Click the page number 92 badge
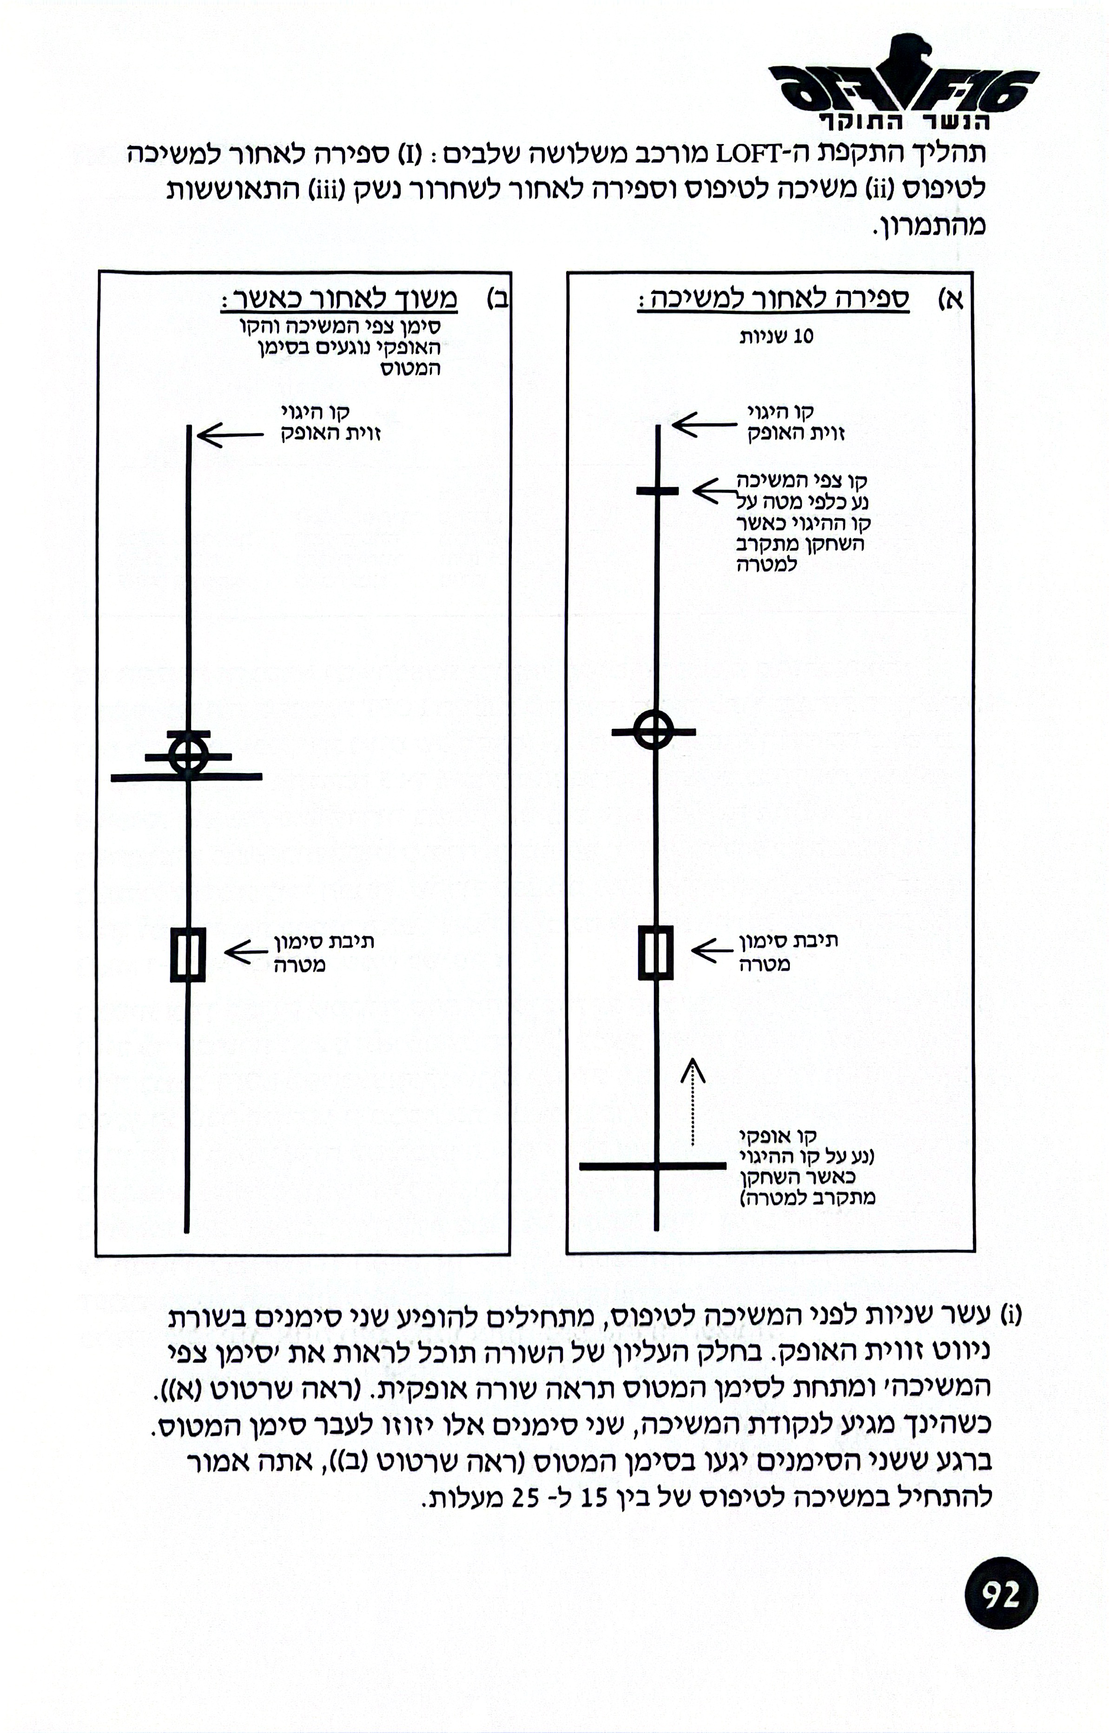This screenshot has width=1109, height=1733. point(1001,1595)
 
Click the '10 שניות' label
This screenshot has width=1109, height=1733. point(777,337)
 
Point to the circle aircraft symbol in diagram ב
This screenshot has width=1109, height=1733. point(188,755)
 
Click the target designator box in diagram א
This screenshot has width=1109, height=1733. point(656,953)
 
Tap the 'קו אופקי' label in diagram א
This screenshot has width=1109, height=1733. point(778,1138)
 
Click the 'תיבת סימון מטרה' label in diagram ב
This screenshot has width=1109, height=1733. point(323,953)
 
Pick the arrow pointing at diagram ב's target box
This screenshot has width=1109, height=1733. point(245,952)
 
